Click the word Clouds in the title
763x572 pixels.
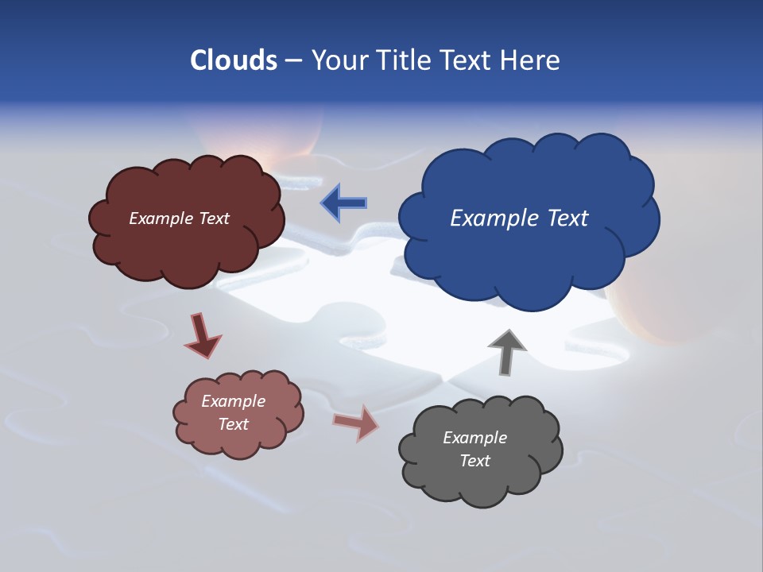[233, 60]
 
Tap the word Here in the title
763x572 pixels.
[529, 60]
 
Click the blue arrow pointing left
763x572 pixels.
[344, 203]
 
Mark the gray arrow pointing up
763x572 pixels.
[506, 350]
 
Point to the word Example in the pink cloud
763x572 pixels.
[233, 401]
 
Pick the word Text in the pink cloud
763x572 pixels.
[233, 424]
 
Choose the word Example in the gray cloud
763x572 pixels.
[474, 438]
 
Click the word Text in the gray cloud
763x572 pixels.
[474, 461]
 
